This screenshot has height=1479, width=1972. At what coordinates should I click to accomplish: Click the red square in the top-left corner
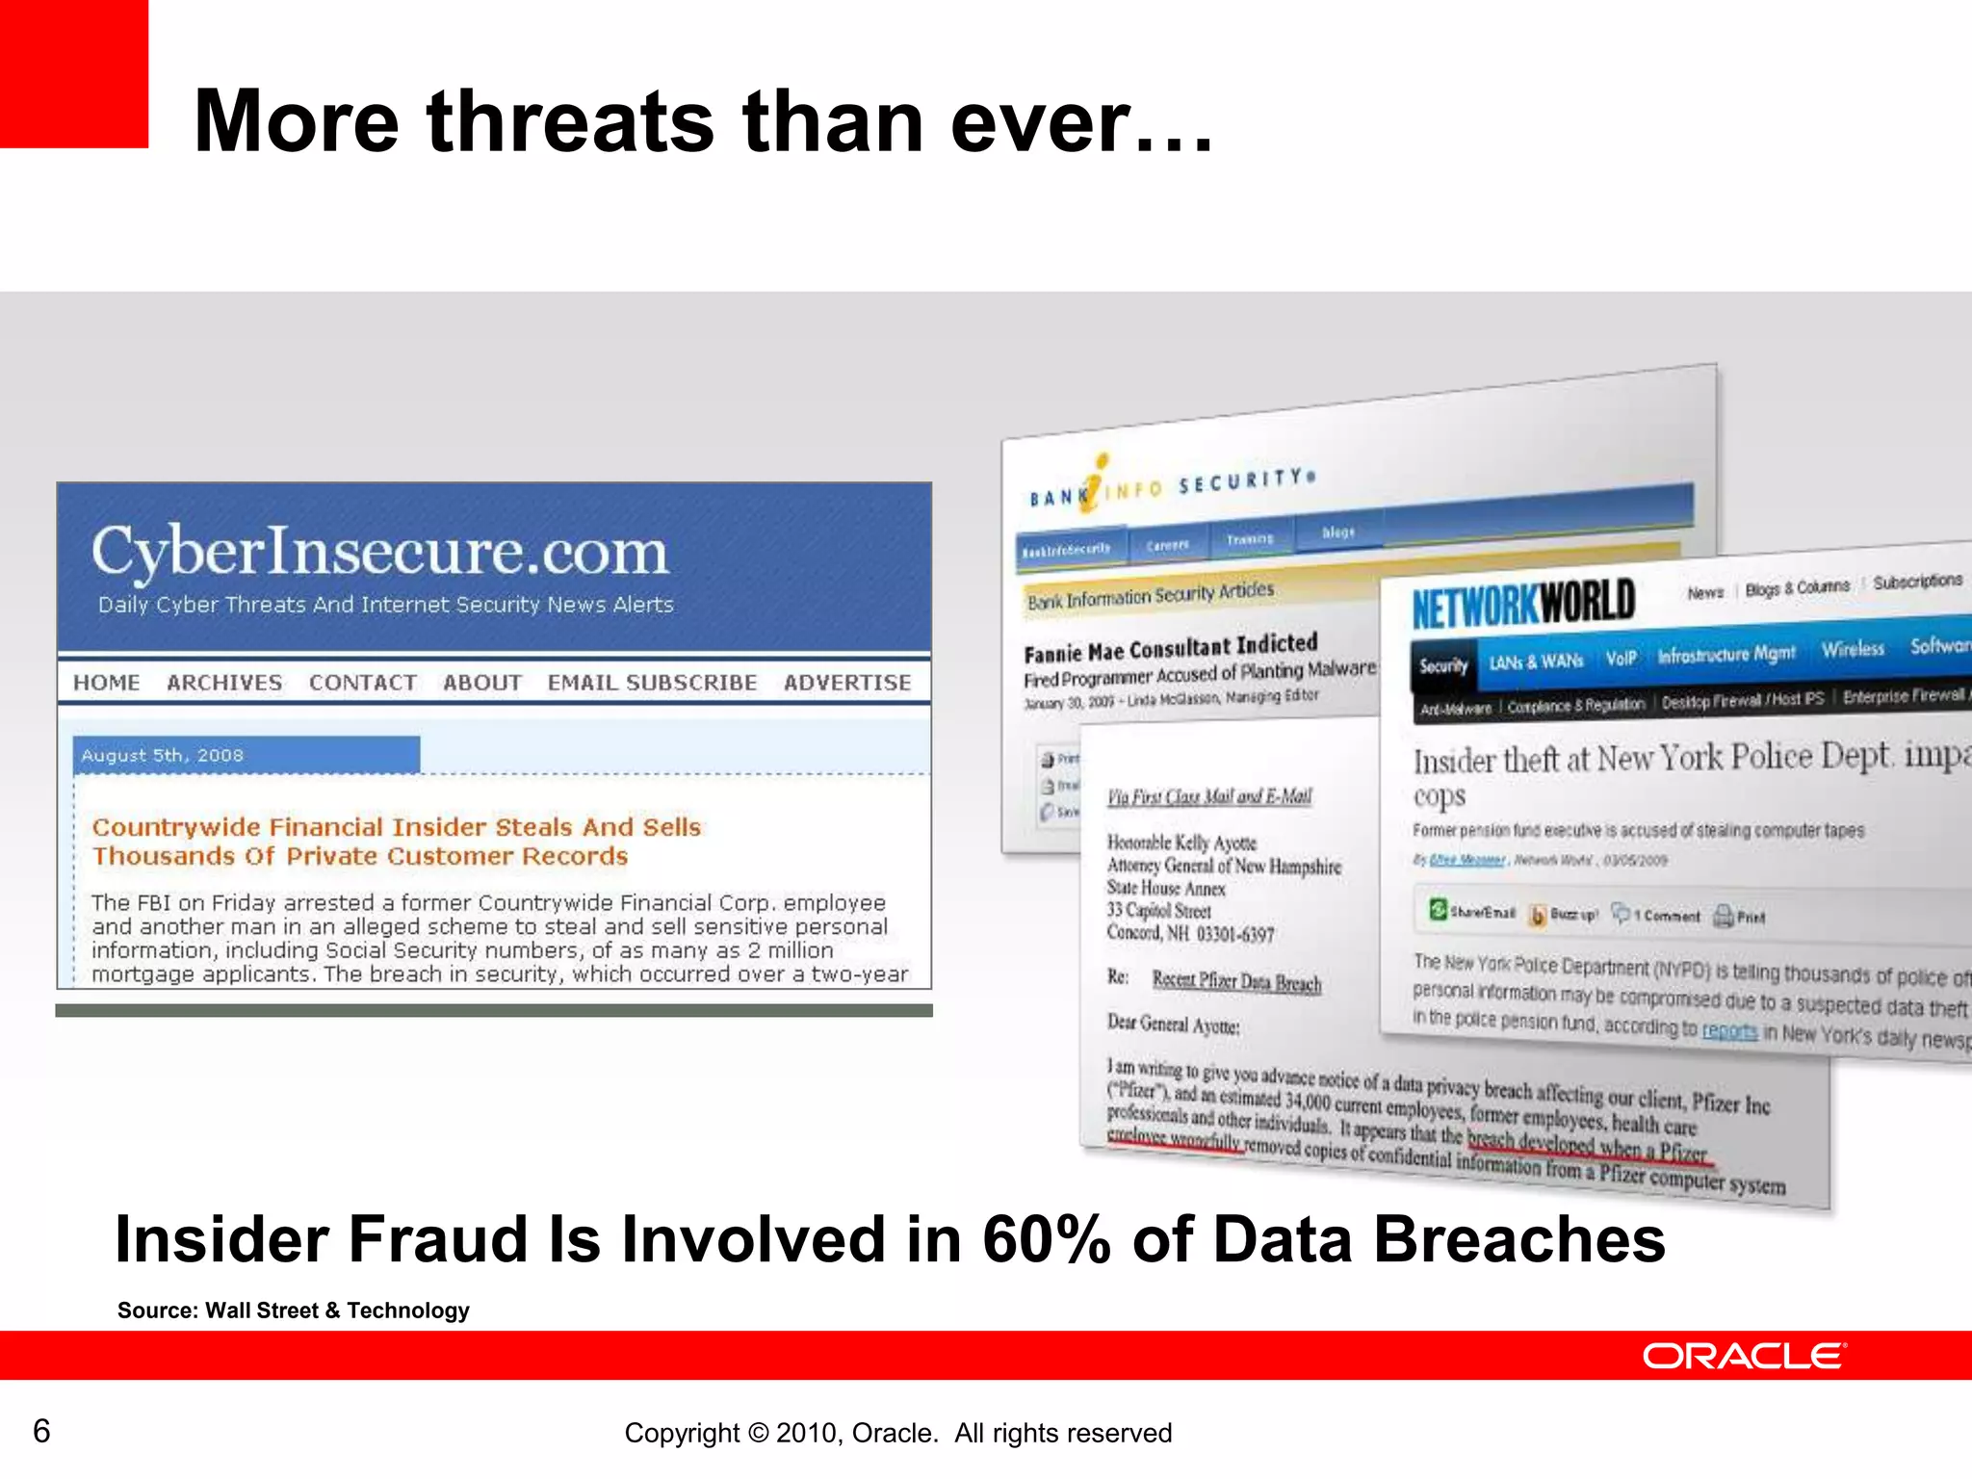[x=73, y=73]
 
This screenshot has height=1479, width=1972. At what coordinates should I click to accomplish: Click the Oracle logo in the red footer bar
[x=1744, y=1356]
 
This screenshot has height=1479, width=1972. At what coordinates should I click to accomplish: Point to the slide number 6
[x=41, y=1431]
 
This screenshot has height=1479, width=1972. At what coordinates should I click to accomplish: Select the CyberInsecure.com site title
[x=379, y=553]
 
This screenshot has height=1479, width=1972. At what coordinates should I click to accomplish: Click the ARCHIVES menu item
[x=224, y=683]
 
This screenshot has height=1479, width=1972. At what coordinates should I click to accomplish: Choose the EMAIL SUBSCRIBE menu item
[x=652, y=683]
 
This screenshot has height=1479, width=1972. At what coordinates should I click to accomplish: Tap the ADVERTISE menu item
[x=846, y=683]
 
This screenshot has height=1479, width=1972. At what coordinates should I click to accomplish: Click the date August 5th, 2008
[x=162, y=756]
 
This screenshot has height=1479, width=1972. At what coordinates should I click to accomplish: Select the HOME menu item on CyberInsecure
[x=107, y=683]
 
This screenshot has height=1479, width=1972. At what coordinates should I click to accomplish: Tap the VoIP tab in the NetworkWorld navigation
[x=1621, y=659]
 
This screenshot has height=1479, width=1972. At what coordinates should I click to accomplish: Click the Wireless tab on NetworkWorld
[x=1852, y=650]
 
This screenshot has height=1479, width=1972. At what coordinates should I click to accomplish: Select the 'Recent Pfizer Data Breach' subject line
[x=1236, y=981]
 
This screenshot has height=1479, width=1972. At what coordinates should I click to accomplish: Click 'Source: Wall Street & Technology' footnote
[x=293, y=1310]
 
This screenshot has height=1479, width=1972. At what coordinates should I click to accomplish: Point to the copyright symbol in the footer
[x=758, y=1434]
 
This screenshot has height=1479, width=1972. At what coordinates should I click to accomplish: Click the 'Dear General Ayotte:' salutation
[x=1173, y=1024]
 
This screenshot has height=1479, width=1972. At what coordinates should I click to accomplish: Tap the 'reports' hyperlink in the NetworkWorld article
[x=1729, y=1031]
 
